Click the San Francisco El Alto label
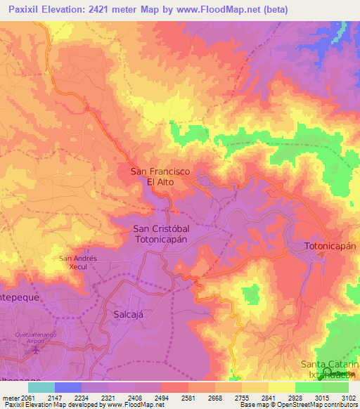pyautogui.click(x=160, y=176)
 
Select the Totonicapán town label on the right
pyautogui.click(x=330, y=247)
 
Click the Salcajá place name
pyautogui.click(x=128, y=315)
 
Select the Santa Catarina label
pyautogui.click(x=330, y=364)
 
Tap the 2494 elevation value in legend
pyautogui.click(x=161, y=397)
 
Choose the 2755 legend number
pyautogui.click(x=242, y=397)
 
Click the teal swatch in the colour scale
pyautogui.click(x=41, y=387)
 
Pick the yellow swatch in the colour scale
pyautogui.click(x=281, y=387)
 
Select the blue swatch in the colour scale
pyautogui.click(x=68, y=387)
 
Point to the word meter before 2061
pyautogui.click(x=10, y=397)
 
